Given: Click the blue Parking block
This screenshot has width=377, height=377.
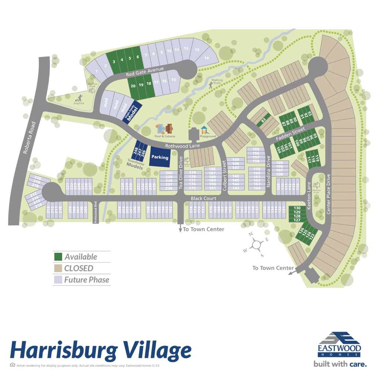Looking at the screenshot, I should [x=160, y=157].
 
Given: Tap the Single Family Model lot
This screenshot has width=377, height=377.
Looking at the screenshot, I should [x=130, y=113].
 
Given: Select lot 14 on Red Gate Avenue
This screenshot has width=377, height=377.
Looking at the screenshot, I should [x=206, y=57].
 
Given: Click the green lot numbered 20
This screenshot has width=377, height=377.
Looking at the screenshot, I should [x=133, y=85].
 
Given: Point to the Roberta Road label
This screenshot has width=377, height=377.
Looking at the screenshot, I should [x=29, y=137].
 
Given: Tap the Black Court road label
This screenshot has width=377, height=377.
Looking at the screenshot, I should [x=203, y=198].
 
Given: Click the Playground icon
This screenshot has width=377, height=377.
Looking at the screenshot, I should [x=204, y=130].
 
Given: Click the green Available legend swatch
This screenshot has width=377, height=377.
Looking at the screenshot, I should [x=58, y=257].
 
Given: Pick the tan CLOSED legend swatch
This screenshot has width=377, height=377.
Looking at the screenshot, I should [x=58, y=268].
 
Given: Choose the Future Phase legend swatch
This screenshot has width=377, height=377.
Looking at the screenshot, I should [x=58, y=279].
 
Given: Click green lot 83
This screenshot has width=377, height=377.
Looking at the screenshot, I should [x=264, y=120].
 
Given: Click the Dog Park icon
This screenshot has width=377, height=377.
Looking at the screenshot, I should [x=78, y=99].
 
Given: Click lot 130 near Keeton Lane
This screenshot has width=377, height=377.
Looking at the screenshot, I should [x=297, y=208].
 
